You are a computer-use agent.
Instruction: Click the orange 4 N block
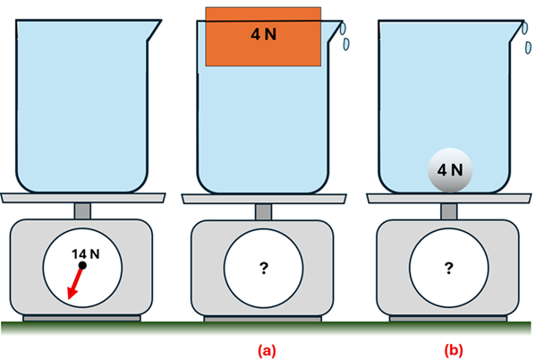click(263, 36)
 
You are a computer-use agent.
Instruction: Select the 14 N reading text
click(86, 254)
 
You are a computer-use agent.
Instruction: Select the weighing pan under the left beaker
click(81, 198)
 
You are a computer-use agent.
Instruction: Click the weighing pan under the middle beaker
click(263, 198)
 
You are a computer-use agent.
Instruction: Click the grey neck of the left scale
click(81, 210)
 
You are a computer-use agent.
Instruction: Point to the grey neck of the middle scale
click(263, 210)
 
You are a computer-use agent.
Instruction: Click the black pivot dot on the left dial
click(81, 266)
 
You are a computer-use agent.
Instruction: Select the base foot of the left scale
click(81, 317)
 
